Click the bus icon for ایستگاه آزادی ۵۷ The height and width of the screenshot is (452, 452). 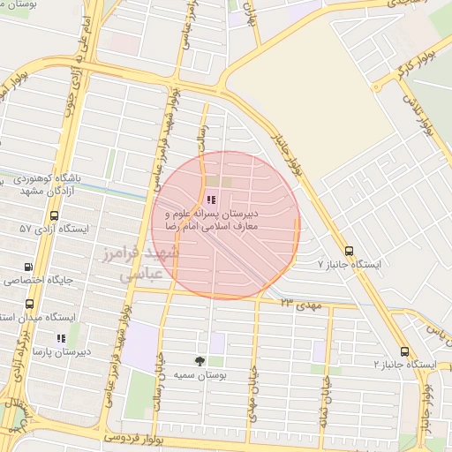point(55,215)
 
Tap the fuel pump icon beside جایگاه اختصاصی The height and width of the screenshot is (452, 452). point(29,267)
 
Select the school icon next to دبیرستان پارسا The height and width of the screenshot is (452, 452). point(61,338)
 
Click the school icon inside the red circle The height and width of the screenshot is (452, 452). point(209,200)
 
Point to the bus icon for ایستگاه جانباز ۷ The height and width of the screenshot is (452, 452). point(349,251)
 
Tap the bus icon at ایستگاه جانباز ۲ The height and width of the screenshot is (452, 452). point(404,351)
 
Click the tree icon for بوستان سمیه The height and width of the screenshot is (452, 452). point(200,360)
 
